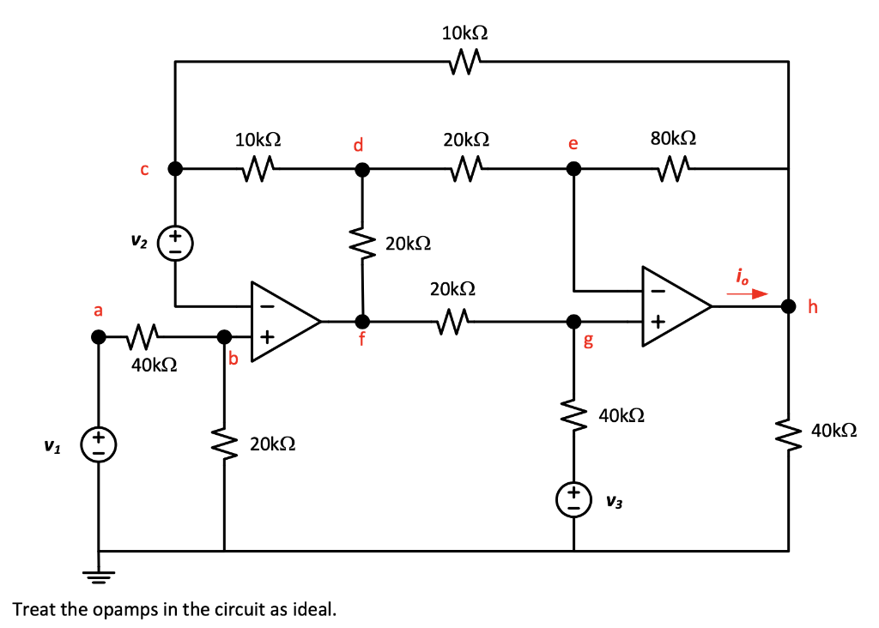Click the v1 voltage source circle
tap(98, 444)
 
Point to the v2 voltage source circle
tap(175, 241)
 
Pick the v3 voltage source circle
tap(574, 498)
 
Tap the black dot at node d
tap(362, 170)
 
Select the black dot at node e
tap(573, 170)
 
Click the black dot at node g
tap(573, 322)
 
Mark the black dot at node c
tap(175, 169)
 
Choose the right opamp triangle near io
tap(675, 305)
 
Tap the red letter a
tap(98, 310)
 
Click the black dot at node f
tap(362, 322)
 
